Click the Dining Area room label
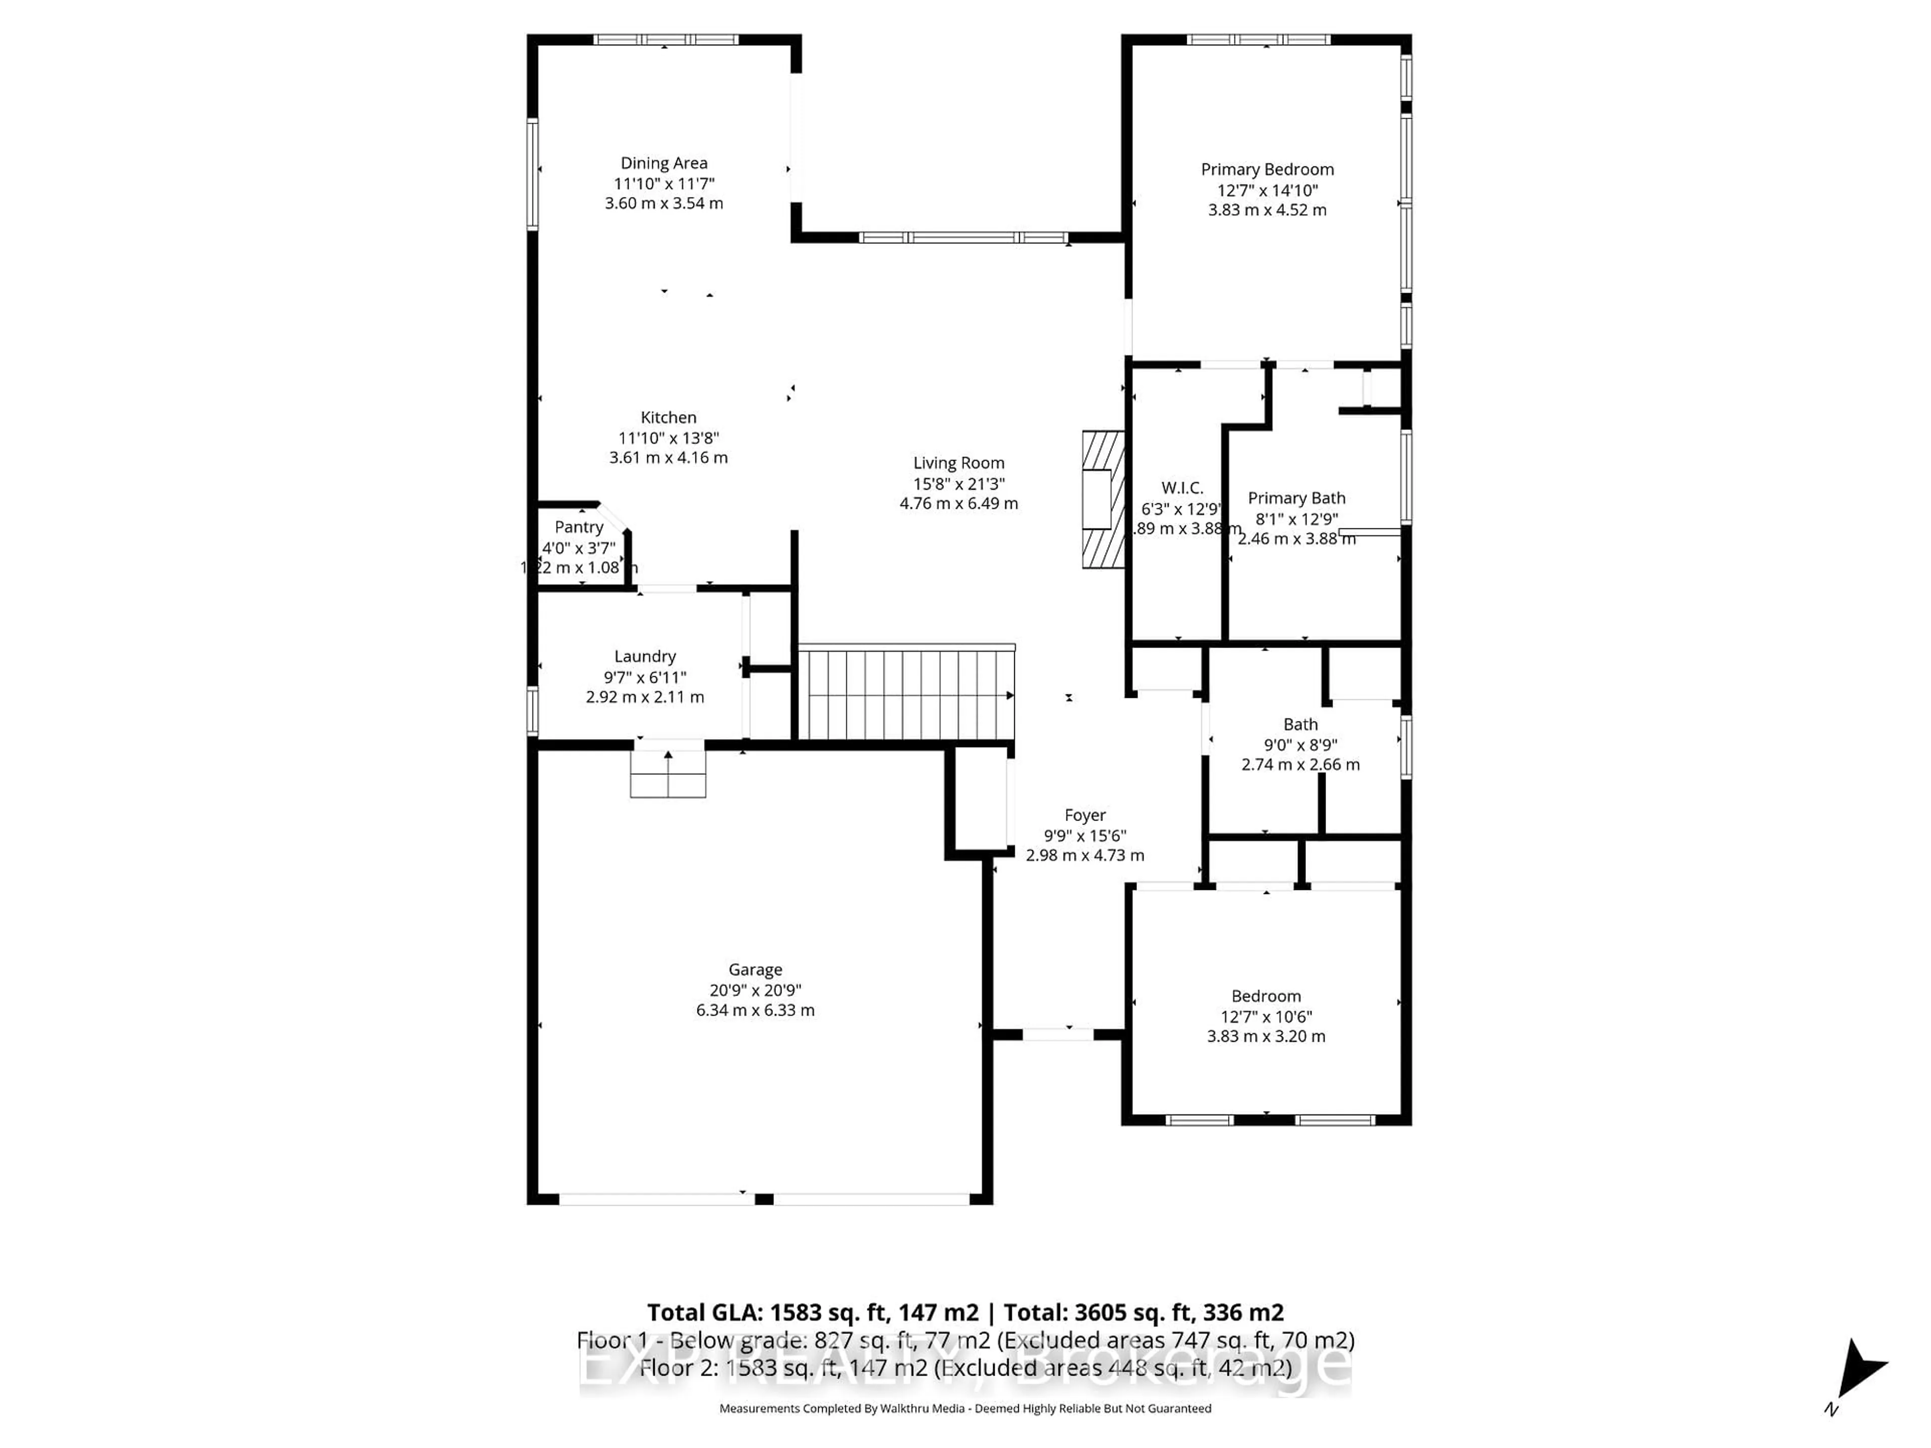click(663, 163)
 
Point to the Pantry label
click(579, 527)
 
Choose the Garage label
click(755, 970)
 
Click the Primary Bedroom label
click(1267, 169)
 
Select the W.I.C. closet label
click(1182, 488)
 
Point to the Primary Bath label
click(1296, 498)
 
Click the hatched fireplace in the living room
click(1103, 499)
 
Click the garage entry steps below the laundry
click(668, 773)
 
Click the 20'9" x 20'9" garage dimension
click(755, 990)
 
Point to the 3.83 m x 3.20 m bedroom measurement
click(1266, 1037)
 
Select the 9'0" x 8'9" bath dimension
click(1300, 745)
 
